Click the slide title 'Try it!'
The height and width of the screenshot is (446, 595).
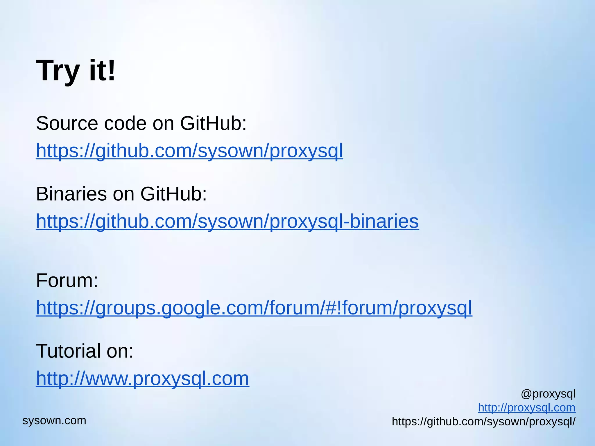[x=76, y=71]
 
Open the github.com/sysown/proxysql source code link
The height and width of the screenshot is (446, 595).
[x=189, y=150]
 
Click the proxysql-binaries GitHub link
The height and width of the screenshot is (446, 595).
[x=227, y=221]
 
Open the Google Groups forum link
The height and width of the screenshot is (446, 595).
[x=254, y=307]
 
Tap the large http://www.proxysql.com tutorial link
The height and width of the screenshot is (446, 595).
[x=142, y=378]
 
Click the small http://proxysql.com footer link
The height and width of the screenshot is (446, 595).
[x=526, y=408]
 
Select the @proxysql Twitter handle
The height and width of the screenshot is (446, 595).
[x=548, y=394]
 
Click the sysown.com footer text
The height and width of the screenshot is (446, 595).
[x=54, y=420]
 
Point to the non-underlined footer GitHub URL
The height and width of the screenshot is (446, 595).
[x=483, y=421]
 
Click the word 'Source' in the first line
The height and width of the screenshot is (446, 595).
[x=67, y=123]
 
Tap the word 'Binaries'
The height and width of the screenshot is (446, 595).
[x=71, y=194]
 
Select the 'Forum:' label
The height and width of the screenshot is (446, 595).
[x=67, y=280]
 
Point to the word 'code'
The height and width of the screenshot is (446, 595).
[x=125, y=123]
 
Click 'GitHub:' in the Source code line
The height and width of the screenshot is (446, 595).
[x=213, y=123]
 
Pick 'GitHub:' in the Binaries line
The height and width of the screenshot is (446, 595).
[x=173, y=194]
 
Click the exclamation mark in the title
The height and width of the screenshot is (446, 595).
[x=112, y=71]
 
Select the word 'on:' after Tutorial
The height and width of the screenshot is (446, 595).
[x=120, y=351]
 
